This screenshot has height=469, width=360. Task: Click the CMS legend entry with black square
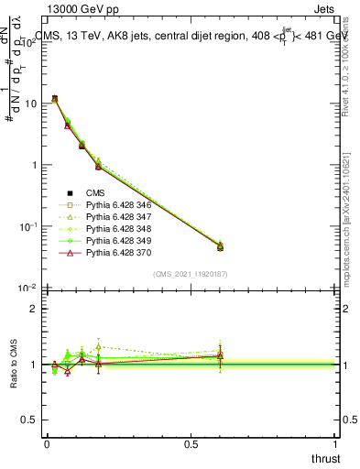click(97, 193)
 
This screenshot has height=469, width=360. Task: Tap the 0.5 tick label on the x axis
click(191, 443)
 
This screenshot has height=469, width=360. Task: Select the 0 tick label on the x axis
click(47, 443)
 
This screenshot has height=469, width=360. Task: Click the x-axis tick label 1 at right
click(336, 443)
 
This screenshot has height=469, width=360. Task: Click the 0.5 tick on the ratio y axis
click(29, 420)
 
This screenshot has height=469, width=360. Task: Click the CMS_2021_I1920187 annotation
click(190, 274)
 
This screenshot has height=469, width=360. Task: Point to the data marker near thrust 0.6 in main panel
click(220, 245)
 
